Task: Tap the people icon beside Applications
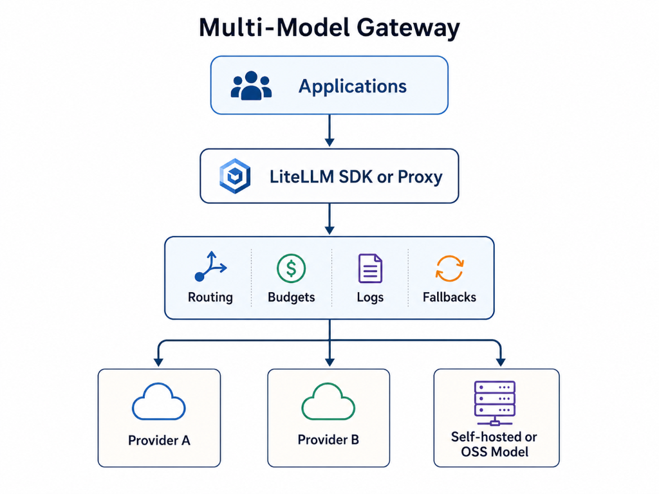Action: coord(251,86)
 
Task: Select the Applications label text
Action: coord(352,86)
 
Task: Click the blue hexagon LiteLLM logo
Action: coord(234,176)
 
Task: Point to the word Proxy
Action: coord(419,177)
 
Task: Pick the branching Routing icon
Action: coord(210,267)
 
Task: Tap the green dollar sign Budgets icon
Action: coord(291,268)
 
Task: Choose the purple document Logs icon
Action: coord(370,268)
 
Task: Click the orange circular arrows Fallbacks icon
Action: coord(449,268)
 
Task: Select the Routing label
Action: coord(210,297)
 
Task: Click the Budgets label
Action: coord(291,297)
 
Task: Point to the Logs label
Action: coord(370,297)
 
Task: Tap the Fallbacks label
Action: coord(449,297)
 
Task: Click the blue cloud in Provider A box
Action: coord(159,403)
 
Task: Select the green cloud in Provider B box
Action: coord(328,403)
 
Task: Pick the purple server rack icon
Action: coord(494,401)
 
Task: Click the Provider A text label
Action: coord(159,441)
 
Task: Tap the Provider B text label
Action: coord(328,441)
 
